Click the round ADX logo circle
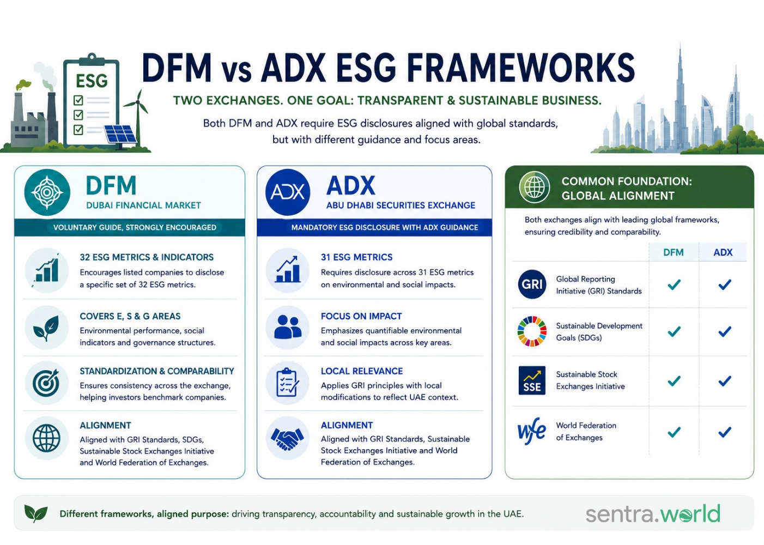(x=288, y=192)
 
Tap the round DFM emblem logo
(x=47, y=192)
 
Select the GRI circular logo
(x=532, y=284)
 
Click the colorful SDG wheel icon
(x=532, y=331)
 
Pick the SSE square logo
(x=532, y=380)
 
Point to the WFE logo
(x=531, y=431)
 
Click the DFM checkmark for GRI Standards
(x=674, y=284)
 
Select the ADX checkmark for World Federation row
(x=724, y=432)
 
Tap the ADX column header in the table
(x=723, y=252)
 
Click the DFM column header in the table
(x=674, y=252)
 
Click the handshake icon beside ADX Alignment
(x=287, y=438)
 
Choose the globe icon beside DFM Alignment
(x=47, y=438)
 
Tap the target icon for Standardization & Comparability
(x=46, y=383)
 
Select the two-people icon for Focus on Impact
(x=288, y=326)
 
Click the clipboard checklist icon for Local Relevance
(x=288, y=383)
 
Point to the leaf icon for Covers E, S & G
(x=46, y=328)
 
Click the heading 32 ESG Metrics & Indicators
(x=147, y=257)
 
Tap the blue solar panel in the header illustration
(x=120, y=134)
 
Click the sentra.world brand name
(x=653, y=513)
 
